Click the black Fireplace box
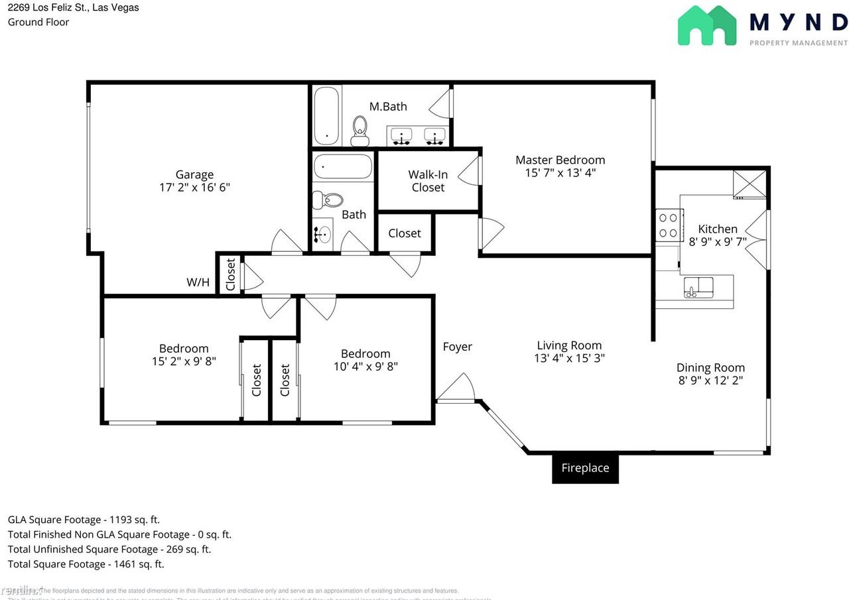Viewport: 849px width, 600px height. tap(585, 468)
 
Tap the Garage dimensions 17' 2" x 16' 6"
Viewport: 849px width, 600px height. tap(194, 187)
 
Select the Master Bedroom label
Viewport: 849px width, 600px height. tap(560, 160)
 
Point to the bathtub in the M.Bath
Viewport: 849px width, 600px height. tap(326, 116)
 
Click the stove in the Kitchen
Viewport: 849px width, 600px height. tap(669, 225)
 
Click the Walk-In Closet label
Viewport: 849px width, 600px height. tap(428, 181)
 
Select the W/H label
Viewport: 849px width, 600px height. tap(198, 282)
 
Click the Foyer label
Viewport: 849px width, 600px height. tap(458, 347)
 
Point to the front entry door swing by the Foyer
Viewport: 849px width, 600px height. tap(458, 389)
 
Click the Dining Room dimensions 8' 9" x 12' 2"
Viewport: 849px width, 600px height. tap(710, 381)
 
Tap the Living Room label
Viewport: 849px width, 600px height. tap(569, 345)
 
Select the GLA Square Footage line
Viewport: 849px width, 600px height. tap(84, 520)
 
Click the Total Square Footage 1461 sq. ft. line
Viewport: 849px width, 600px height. tap(86, 564)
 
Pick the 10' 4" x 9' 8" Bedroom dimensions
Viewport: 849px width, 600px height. tap(365, 366)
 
